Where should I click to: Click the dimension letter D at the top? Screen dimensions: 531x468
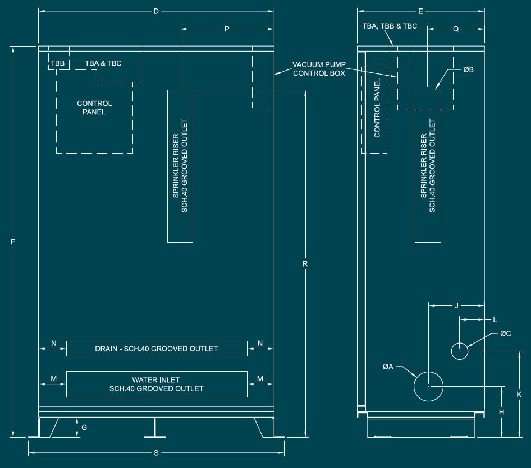pyautogui.click(x=156, y=12)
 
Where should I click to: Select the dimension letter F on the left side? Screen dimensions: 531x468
pyautogui.click(x=13, y=242)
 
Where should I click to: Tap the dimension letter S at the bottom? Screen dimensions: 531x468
pyautogui.click(x=156, y=453)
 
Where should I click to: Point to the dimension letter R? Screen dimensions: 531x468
pyautogui.click(x=305, y=264)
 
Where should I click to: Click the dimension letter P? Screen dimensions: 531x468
pyautogui.click(x=227, y=29)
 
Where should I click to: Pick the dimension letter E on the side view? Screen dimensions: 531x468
pyautogui.click(x=420, y=12)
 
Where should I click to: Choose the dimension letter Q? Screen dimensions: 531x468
pyautogui.click(x=456, y=29)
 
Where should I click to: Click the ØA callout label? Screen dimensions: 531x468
pyautogui.click(x=388, y=367)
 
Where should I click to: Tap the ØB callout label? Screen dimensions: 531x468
pyautogui.click(x=468, y=69)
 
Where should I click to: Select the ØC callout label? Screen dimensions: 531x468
pyautogui.click(x=506, y=333)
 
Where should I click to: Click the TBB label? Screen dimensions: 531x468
pyautogui.click(x=58, y=63)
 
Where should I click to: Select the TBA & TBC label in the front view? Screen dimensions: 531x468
pyautogui.click(x=103, y=63)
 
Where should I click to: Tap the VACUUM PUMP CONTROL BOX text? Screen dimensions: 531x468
pyautogui.click(x=319, y=69)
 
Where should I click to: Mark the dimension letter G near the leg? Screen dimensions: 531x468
pyautogui.click(x=84, y=428)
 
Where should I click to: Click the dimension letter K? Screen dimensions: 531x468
pyautogui.click(x=519, y=395)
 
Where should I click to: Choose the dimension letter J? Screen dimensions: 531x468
pyautogui.click(x=456, y=305)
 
